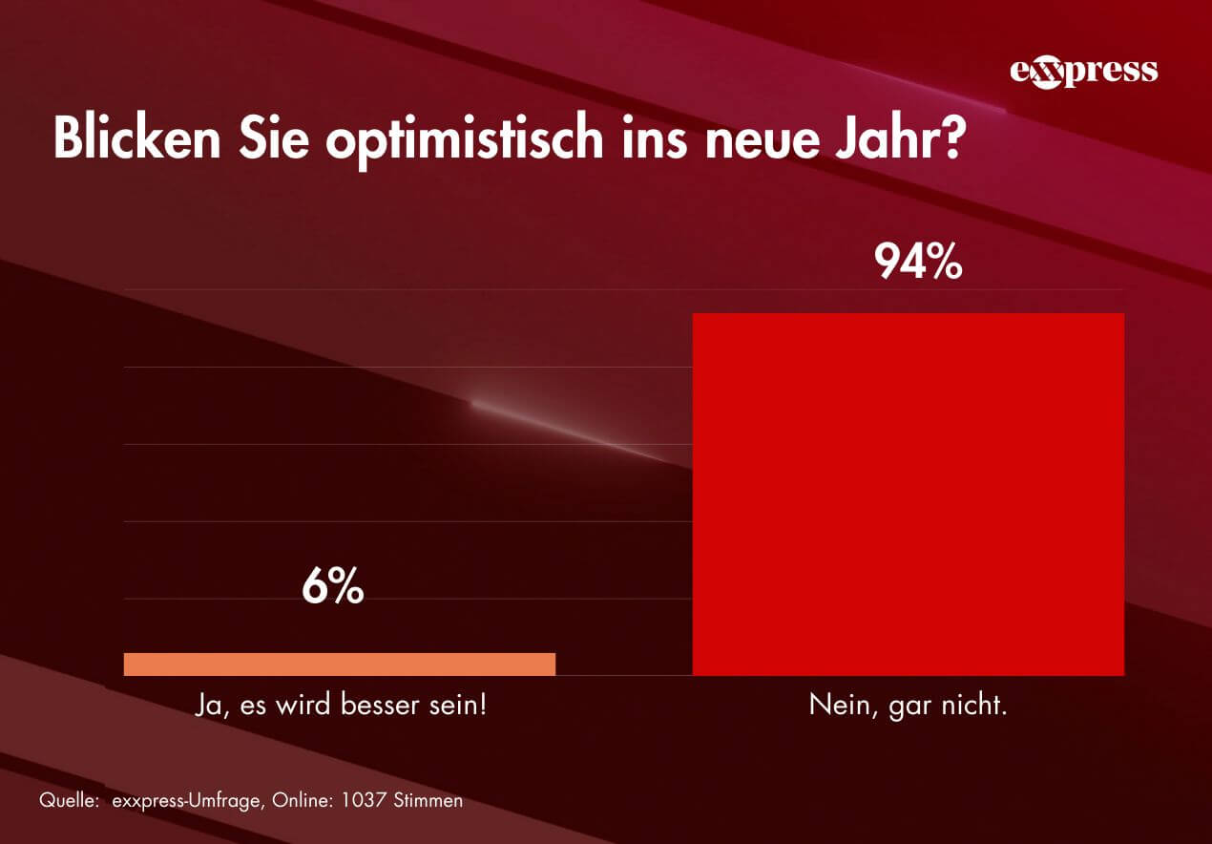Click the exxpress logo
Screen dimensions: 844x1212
(x=1083, y=72)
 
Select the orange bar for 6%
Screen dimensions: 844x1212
(x=340, y=664)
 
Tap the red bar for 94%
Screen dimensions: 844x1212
(x=908, y=494)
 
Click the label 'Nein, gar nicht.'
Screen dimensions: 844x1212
(x=908, y=707)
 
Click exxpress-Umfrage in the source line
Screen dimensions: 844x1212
(x=181, y=800)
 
